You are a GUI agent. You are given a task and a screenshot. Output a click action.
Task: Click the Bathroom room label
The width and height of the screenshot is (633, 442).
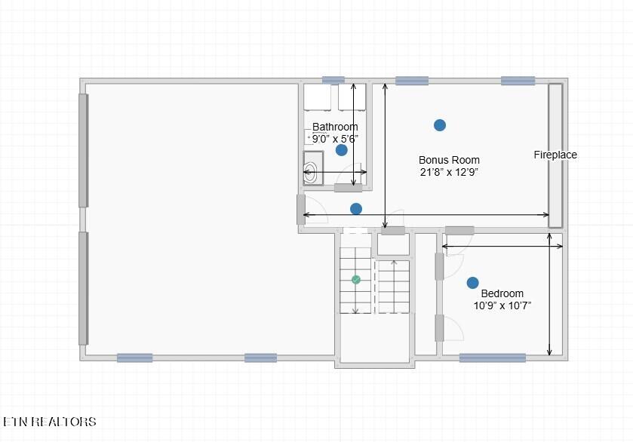point(335,127)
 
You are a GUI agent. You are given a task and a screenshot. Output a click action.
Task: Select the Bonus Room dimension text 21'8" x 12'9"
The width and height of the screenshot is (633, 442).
point(449,172)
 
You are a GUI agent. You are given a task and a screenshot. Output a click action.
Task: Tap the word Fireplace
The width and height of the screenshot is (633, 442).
point(555,155)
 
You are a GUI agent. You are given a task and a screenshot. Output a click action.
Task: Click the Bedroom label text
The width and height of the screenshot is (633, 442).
point(502,293)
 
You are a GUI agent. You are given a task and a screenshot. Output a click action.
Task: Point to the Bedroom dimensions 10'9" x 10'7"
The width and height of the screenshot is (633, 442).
point(502,305)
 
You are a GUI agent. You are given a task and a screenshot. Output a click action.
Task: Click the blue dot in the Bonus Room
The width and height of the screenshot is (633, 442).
point(440,125)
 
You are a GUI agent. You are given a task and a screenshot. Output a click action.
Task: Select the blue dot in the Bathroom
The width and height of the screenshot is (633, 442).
point(342,150)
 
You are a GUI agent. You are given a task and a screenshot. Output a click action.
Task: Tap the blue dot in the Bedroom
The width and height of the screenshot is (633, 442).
point(473,283)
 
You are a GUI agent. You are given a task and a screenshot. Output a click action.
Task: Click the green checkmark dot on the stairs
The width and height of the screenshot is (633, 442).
point(355,280)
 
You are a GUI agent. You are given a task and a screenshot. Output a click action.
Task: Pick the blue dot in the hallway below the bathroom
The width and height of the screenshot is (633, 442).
point(355,209)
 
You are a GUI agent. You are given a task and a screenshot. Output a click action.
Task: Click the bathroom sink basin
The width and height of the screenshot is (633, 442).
point(310,173)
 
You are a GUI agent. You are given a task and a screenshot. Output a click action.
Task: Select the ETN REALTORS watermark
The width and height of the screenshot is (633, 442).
point(50,422)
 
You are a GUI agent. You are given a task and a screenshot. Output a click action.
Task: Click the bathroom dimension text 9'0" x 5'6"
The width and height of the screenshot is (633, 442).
point(335,139)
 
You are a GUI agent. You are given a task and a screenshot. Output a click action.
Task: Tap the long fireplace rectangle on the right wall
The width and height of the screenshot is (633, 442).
point(555,155)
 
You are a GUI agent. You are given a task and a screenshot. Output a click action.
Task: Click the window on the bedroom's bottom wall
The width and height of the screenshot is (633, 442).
point(493,358)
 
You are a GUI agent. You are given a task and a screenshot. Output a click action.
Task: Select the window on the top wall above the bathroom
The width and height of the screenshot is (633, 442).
point(333,80)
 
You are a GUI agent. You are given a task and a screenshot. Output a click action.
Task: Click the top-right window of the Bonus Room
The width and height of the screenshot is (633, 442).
point(518,81)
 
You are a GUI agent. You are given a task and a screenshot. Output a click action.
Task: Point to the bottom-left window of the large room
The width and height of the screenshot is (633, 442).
point(135,358)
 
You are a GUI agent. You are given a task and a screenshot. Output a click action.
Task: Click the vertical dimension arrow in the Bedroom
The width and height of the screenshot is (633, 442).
point(549,294)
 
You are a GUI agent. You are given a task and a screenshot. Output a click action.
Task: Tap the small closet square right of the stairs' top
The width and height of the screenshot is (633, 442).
point(393,244)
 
